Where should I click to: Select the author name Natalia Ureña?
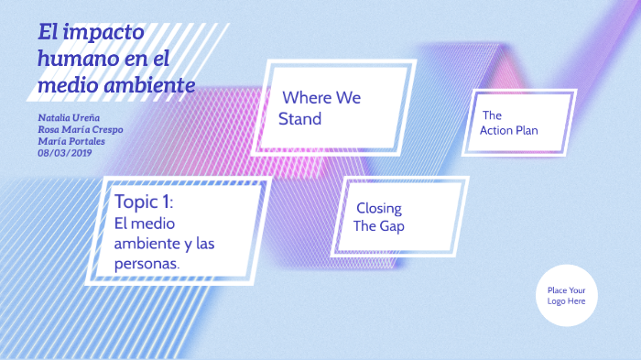[71, 118]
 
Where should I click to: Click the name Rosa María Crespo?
[81, 129]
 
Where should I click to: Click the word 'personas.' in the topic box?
[147, 263]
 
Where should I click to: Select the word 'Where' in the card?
[305, 97]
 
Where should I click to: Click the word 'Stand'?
[300, 119]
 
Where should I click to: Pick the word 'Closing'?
[379, 208]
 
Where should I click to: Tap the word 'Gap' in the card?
[394, 226]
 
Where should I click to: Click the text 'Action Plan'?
[509, 131]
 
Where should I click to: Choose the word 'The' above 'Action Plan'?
[492, 115]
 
